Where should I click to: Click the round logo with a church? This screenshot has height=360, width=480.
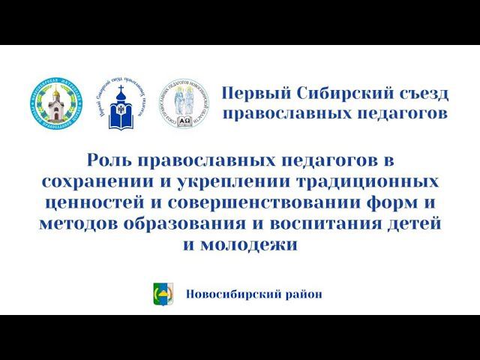[x=58, y=105]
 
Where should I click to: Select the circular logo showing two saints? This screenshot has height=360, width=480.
[x=184, y=105]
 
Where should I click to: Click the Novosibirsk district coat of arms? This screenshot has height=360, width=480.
[x=163, y=294]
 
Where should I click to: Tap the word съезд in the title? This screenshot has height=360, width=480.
[x=424, y=94]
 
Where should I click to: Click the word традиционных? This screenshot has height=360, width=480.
[x=359, y=181]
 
